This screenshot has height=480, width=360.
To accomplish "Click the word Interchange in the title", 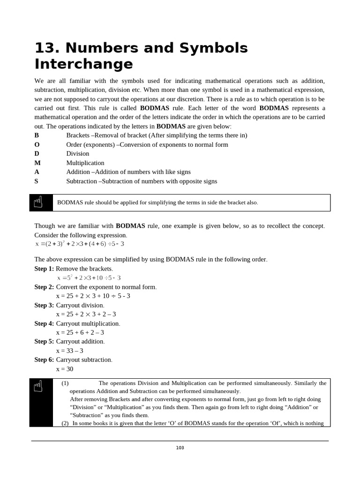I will [83, 64].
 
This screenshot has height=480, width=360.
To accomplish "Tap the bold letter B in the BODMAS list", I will [37, 135].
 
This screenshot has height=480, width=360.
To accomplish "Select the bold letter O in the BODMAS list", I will [37, 144].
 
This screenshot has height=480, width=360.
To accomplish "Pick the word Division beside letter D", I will [78, 154].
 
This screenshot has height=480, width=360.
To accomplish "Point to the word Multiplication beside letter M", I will [85, 163].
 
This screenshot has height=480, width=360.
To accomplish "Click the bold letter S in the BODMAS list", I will [37, 181].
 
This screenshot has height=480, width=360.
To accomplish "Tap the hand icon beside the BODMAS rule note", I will [38, 202].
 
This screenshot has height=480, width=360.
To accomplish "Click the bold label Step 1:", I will [44, 269].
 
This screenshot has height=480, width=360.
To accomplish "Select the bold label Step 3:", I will [44, 305].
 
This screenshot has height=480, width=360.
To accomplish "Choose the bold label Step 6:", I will [44, 360].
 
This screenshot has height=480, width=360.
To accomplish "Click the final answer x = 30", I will [65, 369].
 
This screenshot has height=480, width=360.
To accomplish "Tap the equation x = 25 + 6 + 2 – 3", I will [80, 332].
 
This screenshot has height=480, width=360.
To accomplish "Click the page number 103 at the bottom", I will [180, 448].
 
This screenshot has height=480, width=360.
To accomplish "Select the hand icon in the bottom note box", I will [38, 387].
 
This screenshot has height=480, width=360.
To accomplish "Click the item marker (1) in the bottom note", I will [65, 383].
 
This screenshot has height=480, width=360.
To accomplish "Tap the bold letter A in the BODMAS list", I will [37, 172].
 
